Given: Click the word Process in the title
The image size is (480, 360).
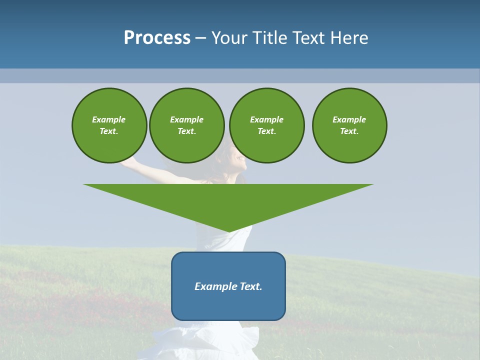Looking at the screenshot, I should [x=157, y=38].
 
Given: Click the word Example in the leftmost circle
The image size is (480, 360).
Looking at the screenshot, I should [x=109, y=119].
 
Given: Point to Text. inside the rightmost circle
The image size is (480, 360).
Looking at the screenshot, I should [x=349, y=131].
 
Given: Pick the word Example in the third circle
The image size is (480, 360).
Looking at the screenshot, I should [x=266, y=119].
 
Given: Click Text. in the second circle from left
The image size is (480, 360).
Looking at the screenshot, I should [x=186, y=131].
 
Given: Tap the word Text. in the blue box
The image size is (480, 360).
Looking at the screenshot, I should [x=251, y=286].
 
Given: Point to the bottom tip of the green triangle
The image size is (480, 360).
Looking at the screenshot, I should [x=228, y=231].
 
